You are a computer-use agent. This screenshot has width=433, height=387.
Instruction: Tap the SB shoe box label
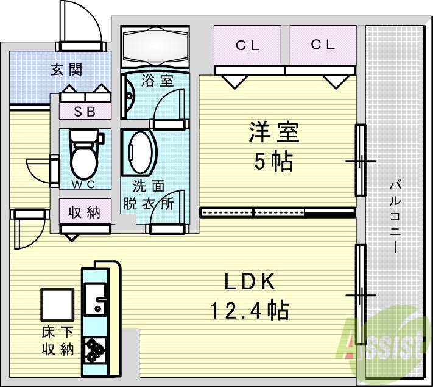85,111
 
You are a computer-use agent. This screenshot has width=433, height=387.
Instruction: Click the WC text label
85,184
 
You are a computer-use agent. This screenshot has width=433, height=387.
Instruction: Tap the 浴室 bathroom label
157,81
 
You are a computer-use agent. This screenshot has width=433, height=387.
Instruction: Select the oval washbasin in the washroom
142,153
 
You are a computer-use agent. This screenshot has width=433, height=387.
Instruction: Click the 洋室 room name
273,133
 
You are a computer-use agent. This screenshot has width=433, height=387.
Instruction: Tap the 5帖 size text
273,161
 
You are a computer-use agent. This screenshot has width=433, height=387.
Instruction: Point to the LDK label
250,282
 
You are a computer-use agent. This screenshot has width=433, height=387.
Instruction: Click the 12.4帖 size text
250,311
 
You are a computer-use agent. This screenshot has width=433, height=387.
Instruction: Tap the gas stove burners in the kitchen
95,350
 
